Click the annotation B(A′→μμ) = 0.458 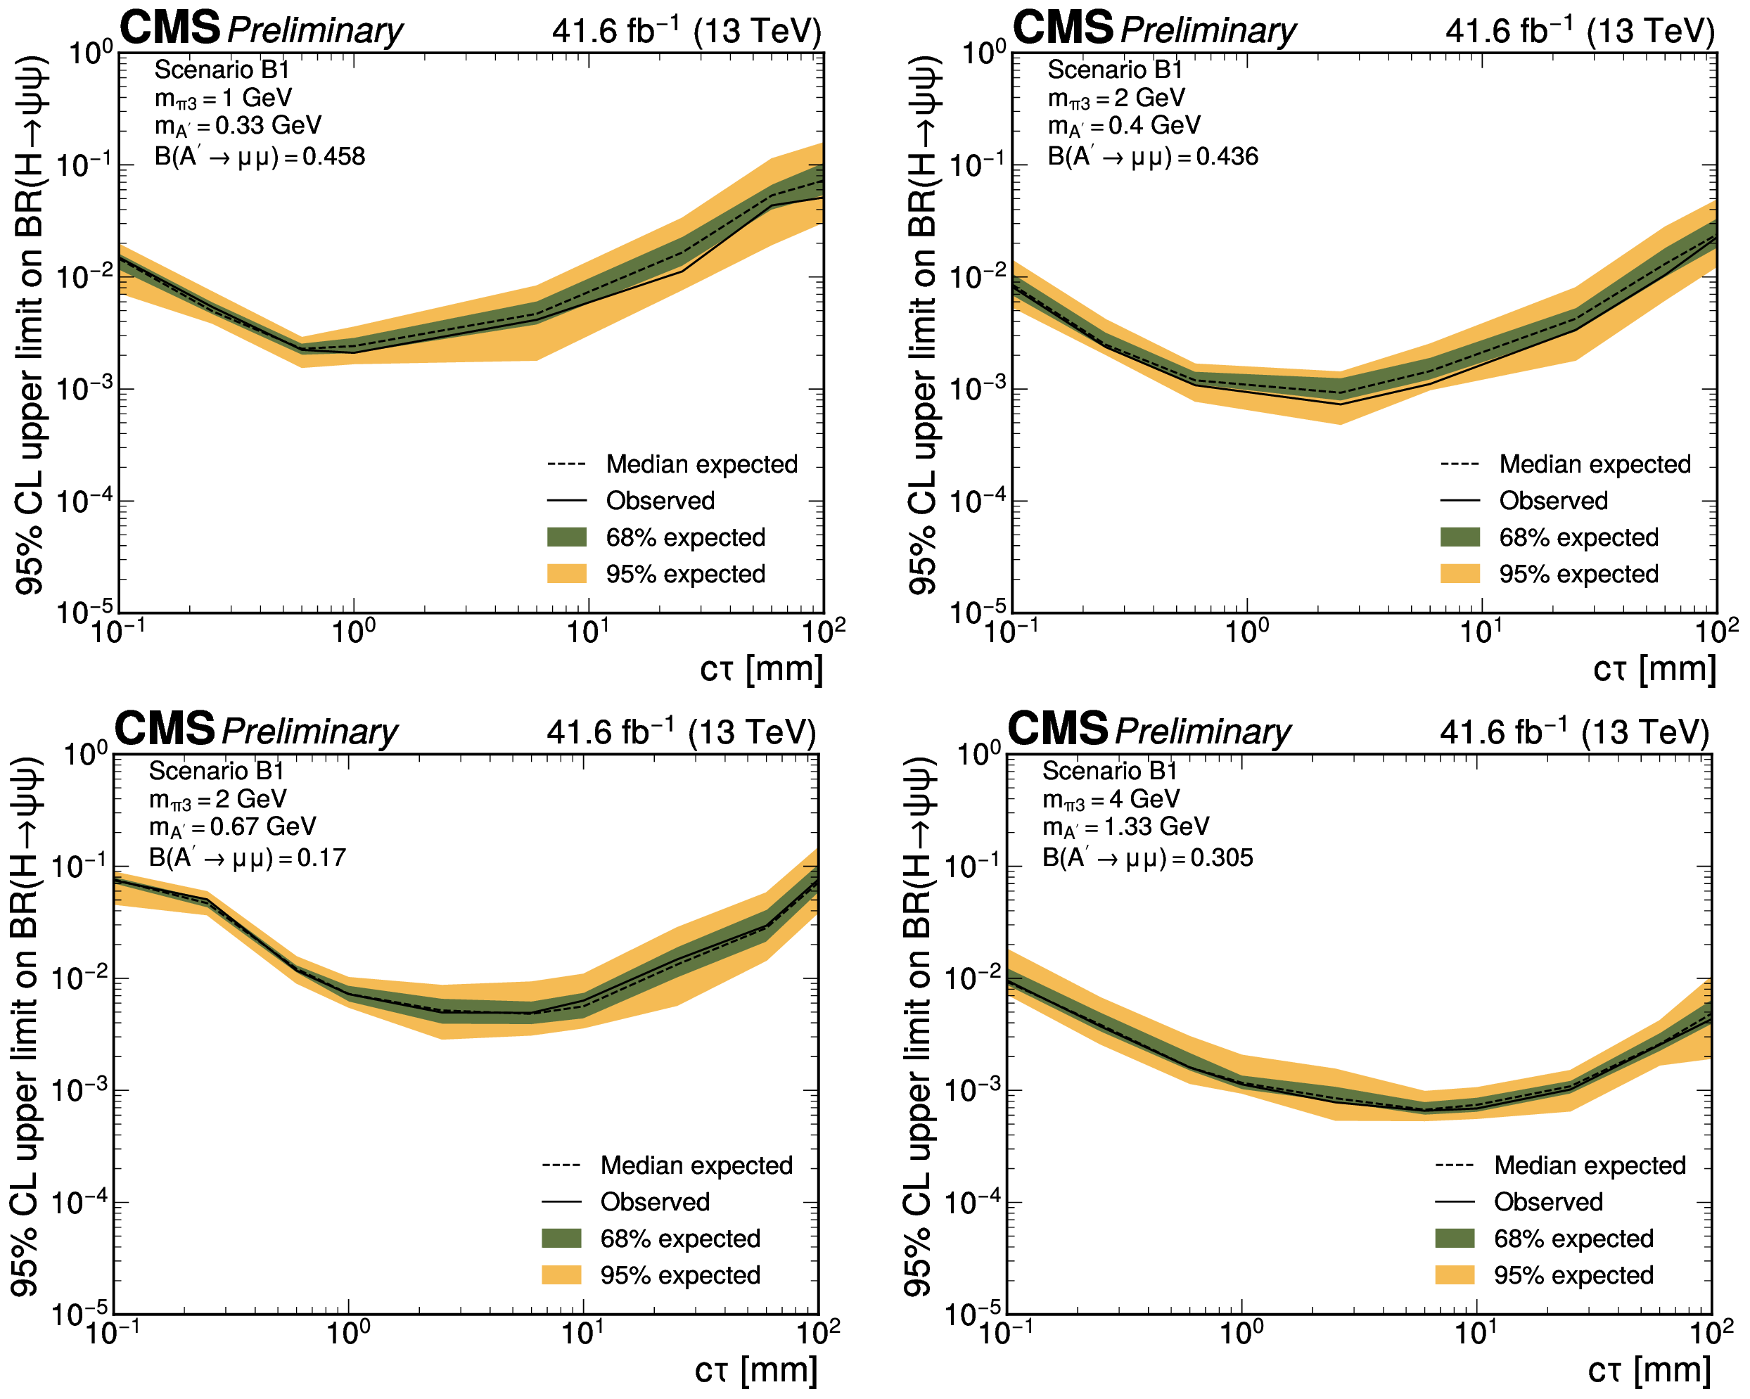[x=260, y=156]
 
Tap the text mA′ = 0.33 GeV [x=238, y=126]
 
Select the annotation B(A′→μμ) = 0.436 [x=1153, y=156]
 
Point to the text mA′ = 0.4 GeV [x=1123, y=126]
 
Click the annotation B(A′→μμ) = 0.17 [x=247, y=857]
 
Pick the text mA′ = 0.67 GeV [x=232, y=827]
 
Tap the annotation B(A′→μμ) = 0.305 [x=1148, y=857]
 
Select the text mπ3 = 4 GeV [x=1111, y=799]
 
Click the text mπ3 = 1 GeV [x=222, y=98]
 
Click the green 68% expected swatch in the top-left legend [x=566, y=537]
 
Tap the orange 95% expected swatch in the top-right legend [x=1460, y=574]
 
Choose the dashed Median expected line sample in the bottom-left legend [x=561, y=1165]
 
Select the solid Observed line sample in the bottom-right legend [x=1455, y=1202]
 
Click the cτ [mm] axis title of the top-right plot [x=1654, y=669]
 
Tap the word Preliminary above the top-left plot [x=315, y=31]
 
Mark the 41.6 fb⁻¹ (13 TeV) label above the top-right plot [x=1580, y=31]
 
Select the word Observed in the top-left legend [x=660, y=501]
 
